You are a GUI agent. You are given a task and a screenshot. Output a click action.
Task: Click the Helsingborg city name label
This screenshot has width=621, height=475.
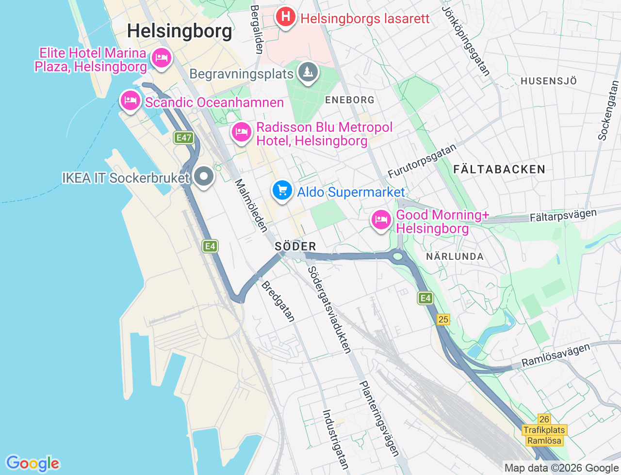[180, 31]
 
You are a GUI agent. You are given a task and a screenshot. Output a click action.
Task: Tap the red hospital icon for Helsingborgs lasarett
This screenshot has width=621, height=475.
[286, 17]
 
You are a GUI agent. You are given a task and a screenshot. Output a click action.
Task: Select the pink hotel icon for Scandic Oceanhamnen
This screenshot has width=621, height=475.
[130, 101]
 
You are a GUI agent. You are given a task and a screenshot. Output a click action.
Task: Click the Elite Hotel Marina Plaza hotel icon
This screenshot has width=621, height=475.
[161, 59]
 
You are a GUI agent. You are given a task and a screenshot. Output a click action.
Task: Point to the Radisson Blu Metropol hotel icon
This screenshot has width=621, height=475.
[241, 132]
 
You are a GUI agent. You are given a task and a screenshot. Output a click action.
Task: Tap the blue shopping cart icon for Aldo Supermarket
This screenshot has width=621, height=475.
[282, 190]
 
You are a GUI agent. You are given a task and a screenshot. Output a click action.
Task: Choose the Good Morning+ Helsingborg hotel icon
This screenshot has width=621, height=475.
[381, 220]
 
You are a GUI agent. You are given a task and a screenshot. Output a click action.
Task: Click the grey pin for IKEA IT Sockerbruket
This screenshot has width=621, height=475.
[203, 176]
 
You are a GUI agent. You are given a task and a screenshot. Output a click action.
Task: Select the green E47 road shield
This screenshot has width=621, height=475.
[184, 138]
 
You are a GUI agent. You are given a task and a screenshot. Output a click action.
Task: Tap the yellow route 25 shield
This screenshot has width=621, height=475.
[443, 319]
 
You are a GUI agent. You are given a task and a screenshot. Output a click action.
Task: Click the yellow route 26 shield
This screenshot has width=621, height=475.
[544, 419]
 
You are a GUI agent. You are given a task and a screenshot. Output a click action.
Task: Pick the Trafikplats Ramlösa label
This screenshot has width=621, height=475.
[544, 435]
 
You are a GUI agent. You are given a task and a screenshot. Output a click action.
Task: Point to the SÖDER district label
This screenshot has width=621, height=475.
[295, 246]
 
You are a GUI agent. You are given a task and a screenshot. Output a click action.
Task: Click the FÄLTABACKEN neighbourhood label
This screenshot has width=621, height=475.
[499, 170]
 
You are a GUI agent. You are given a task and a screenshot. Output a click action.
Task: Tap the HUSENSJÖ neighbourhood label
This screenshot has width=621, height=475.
[549, 81]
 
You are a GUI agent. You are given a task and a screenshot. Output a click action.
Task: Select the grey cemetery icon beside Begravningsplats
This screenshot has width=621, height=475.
[307, 72]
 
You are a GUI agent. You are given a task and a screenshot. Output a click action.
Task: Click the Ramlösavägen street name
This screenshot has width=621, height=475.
[556, 355]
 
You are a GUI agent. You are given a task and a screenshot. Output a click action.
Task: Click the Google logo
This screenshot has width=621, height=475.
[33, 463]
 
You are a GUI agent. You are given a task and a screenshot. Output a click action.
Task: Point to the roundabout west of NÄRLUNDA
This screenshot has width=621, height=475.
[398, 255]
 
